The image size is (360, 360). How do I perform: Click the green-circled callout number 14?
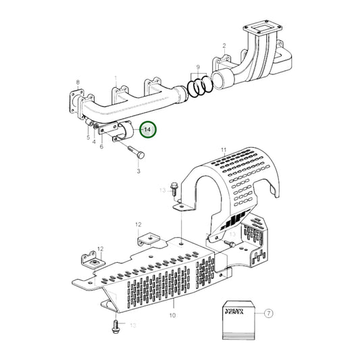147,128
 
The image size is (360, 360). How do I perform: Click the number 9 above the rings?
198,68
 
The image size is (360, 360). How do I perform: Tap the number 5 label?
87,137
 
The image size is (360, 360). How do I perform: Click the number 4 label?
94,141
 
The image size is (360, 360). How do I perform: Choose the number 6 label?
102,146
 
